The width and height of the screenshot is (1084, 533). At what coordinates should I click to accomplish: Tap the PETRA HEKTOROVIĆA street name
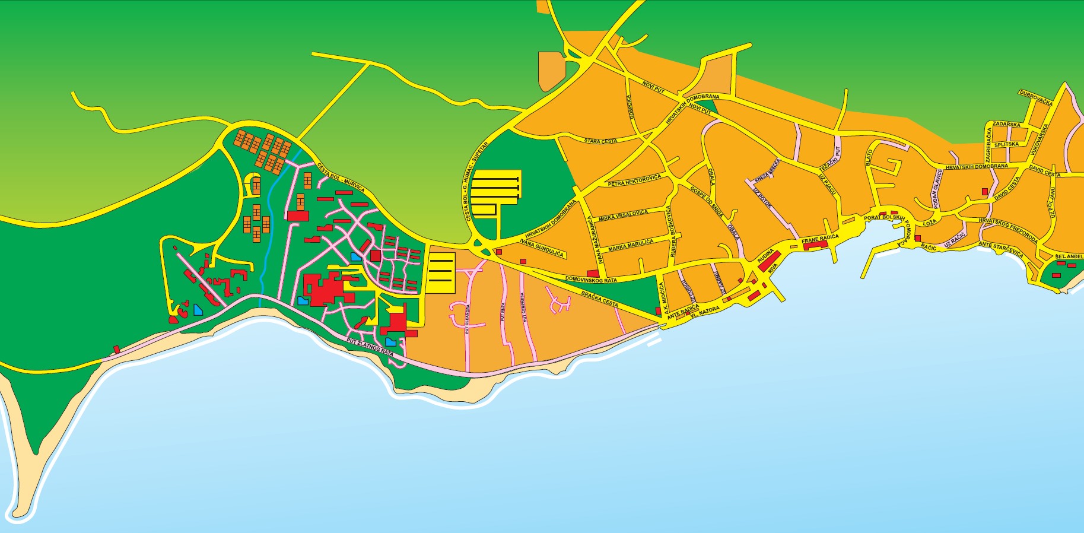tap(634, 180)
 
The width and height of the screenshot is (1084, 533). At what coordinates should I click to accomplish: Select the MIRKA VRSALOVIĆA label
tap(623, 215)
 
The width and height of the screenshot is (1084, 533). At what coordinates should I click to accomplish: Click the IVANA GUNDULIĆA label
tap(541, 248)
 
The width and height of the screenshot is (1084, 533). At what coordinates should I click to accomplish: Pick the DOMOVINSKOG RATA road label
tap(590, 279)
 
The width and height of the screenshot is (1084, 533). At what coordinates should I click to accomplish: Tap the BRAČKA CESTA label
tap(599, 299)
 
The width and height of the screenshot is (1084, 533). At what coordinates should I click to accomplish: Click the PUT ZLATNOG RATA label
tap(370, 347)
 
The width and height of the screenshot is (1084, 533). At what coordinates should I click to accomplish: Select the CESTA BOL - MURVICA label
tap(341, 177)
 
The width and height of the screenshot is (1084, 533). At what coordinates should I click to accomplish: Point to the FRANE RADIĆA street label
tap(820, 239)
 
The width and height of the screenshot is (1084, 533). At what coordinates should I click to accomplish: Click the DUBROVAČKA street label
tap(1035, 97)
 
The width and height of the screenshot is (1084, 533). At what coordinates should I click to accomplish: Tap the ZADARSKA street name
tap(1006, 125)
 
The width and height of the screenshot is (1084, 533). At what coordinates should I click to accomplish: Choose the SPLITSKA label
tap(1006, 144)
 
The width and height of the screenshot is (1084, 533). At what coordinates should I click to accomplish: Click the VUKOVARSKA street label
tap(1040, 139)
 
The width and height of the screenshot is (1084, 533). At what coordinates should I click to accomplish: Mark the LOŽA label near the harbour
tap(930, 223)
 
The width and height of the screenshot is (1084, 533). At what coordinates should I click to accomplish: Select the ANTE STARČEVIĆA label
tap(1001, 249)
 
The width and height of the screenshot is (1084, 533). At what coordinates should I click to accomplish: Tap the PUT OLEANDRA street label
tap(468, 319)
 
